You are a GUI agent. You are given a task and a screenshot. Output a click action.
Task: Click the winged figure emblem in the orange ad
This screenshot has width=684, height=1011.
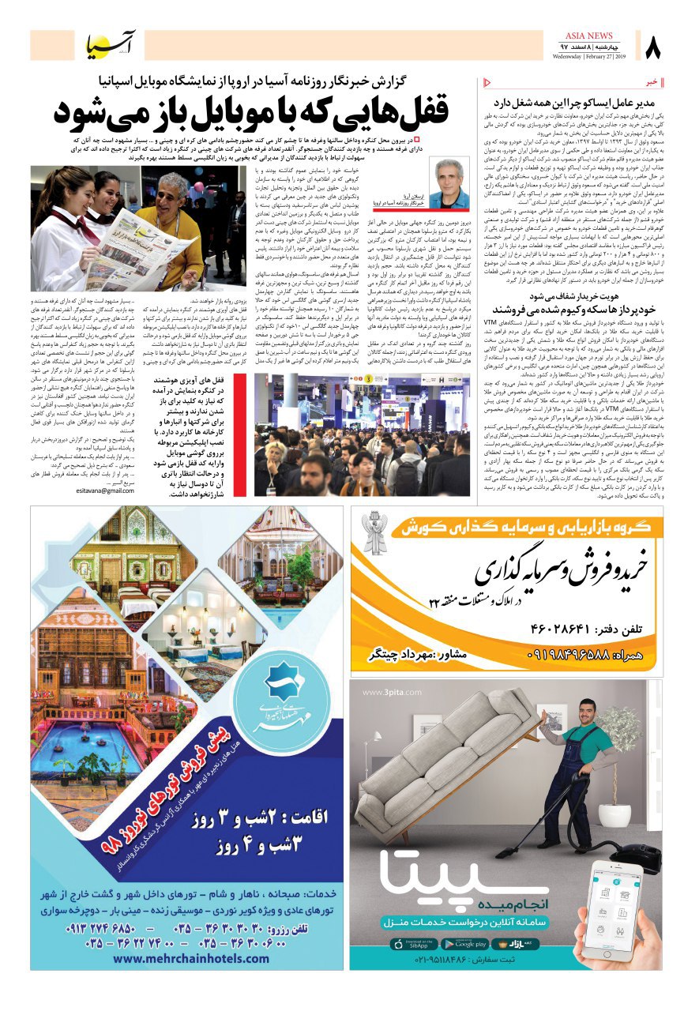tap(375, 534)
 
